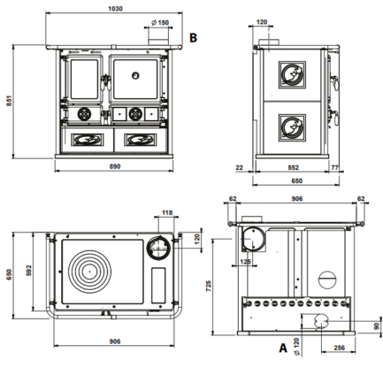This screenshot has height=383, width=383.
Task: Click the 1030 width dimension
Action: [x=115, y=9]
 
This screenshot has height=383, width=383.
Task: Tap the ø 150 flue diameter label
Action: [x=160, y=22]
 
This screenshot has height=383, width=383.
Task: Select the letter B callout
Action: [x=193, y=38]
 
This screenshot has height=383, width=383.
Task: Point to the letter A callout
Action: [x=283, y=348]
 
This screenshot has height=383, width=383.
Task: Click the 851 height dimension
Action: [x=9, y=101]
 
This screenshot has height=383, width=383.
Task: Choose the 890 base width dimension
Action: [x=115, y=166]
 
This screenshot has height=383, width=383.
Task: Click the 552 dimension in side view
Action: [x=293, y=167]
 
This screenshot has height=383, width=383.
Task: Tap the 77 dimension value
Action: [x=334, y=167]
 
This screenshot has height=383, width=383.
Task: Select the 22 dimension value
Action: [x=240, y=167]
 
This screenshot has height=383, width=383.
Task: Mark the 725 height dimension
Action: [x=209, y=286]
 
